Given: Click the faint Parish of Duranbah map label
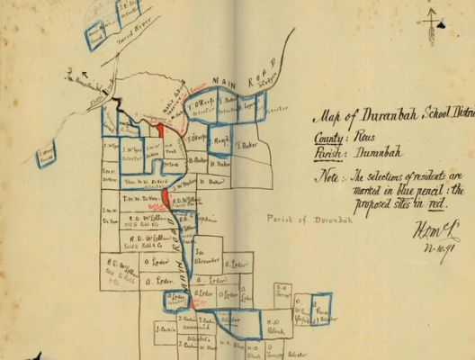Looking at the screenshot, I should point(300,219).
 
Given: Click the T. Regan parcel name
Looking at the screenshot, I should point(219,140).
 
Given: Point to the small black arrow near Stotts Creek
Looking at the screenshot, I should point(83,77).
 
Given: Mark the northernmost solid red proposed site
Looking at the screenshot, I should point(159,130).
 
